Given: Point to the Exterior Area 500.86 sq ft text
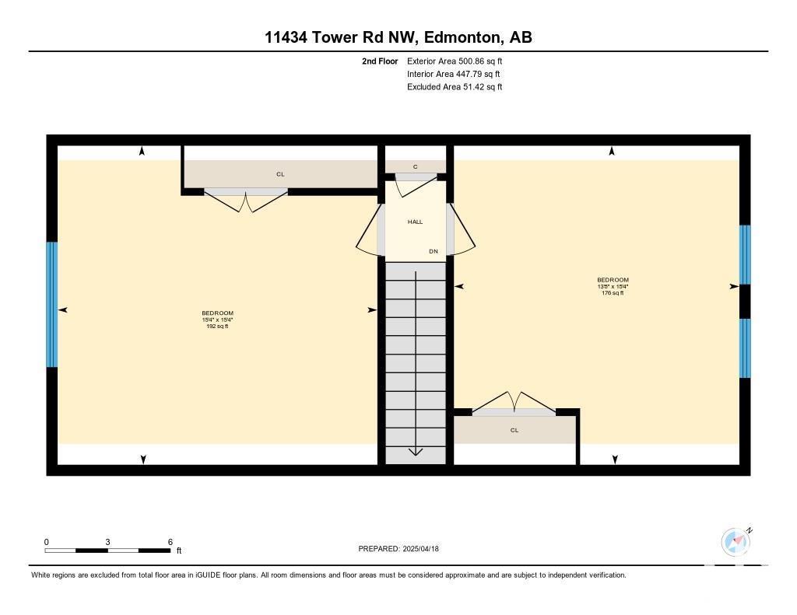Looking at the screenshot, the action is tap(455, 61).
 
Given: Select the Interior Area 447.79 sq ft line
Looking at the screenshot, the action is tap(454, 74).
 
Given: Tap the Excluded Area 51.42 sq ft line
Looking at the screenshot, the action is tap(455, 87).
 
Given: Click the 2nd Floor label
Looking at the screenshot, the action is tap(380, 61).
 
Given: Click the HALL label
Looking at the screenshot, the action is tap(416, 222).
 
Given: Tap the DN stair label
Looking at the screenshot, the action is tap(434, 251).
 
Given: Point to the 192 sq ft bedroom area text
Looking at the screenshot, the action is tap(218, 327).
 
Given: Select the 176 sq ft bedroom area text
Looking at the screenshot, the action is tap(613, 293).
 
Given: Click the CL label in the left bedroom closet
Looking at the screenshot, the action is tap(280, 174).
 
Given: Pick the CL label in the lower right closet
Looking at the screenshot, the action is tap(514, 430).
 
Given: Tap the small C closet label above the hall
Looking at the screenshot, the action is tap(416, 166).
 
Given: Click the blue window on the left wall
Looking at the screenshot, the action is tap(52, 304).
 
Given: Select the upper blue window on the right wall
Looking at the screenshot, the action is tap(745, 254).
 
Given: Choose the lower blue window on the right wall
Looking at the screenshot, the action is tap(745, 348).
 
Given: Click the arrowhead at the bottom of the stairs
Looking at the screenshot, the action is tap(416, 452).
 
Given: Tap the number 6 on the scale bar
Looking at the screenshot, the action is tap(170, 542).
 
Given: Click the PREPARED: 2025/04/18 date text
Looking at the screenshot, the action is tap(398, 548).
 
